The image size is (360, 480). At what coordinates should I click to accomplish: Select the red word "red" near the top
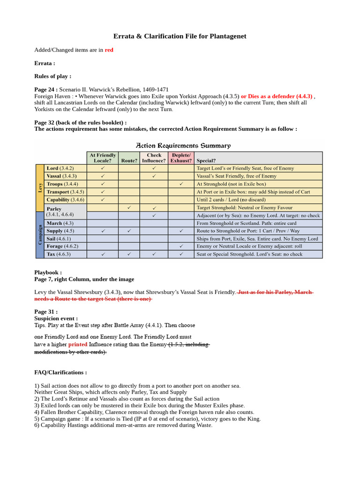pyautogui.click(x=109, y=50)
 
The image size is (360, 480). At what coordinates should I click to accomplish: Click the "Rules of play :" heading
pyautogui.click(x=52, y=76)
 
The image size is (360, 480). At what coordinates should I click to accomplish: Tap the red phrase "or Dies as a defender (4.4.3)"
pyautogui.click(x=277, y=96)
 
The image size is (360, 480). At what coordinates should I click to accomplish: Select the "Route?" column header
pyautogui.click(x=129, y=160)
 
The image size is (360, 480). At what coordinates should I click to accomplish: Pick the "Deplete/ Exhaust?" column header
pyautogui.click(x=180, y=157)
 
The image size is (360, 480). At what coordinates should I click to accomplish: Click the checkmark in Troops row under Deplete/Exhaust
pyautogui.click(x=181, y=184)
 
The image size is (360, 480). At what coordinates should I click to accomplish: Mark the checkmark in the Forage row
pyautogui.click(x=181, y=246)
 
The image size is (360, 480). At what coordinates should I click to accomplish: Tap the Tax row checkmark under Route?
pyautogui.click(x=129, y=254)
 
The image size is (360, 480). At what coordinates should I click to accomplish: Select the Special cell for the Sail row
pyautogui.click(x=258, y=239)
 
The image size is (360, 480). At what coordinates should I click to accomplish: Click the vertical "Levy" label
pyautogui.click(x=40, y=187)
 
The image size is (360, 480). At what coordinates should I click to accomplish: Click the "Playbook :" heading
pyautogui.click(x=48, y=272)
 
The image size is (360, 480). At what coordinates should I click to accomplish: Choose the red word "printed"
pyautogui.click(x=77, y=344)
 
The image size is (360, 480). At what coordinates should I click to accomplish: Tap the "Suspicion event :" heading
pyautogui.click(x=56, y=318)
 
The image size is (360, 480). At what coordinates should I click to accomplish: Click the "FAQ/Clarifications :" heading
pyautogui.click(x=60, y=372)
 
